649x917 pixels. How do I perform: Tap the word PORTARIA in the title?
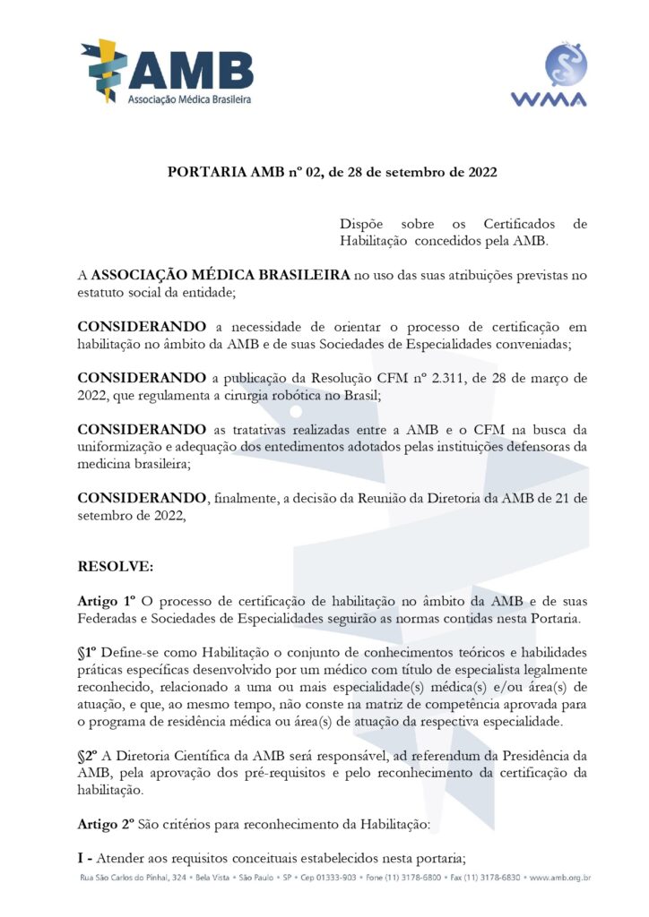[202, 172]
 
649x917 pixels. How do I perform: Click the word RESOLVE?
[116, 567]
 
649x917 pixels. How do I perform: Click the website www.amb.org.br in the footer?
[559, 878]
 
